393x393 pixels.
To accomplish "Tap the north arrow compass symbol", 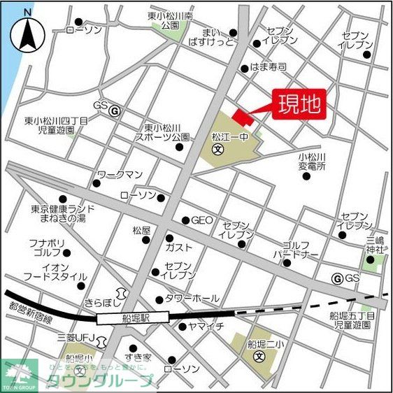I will (27, 31).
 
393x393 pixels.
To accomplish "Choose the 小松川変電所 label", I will (312, 162).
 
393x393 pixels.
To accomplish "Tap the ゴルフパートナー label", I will (300, 250).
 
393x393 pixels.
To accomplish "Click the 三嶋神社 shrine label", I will (375, 245).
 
